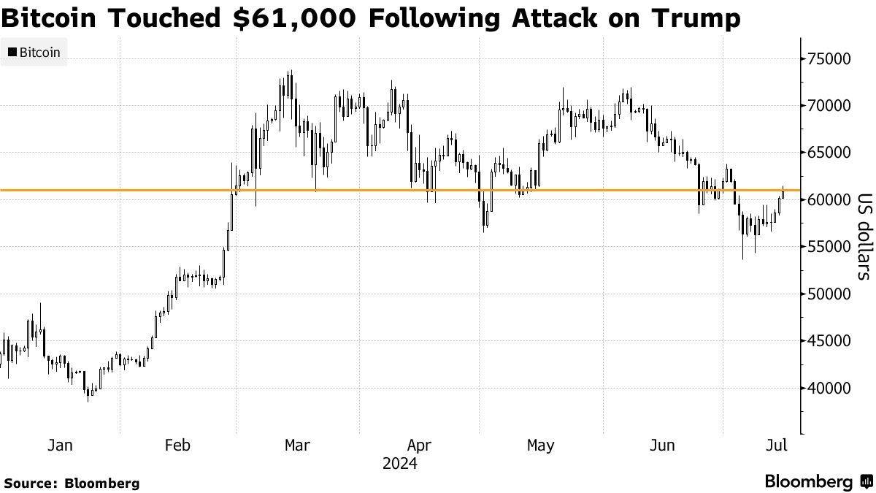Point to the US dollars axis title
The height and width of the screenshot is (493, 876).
pyautogui.click(x=864, y=236)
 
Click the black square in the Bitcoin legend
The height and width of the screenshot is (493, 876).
pyautogui.click(x=12, y=53)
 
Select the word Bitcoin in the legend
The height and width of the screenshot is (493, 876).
pyautogui.click(x=40, y=53)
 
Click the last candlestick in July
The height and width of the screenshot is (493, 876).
pyautogui.click(x=783, y=191)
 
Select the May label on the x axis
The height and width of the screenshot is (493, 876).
pyautogui.click(x=539, y=445)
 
